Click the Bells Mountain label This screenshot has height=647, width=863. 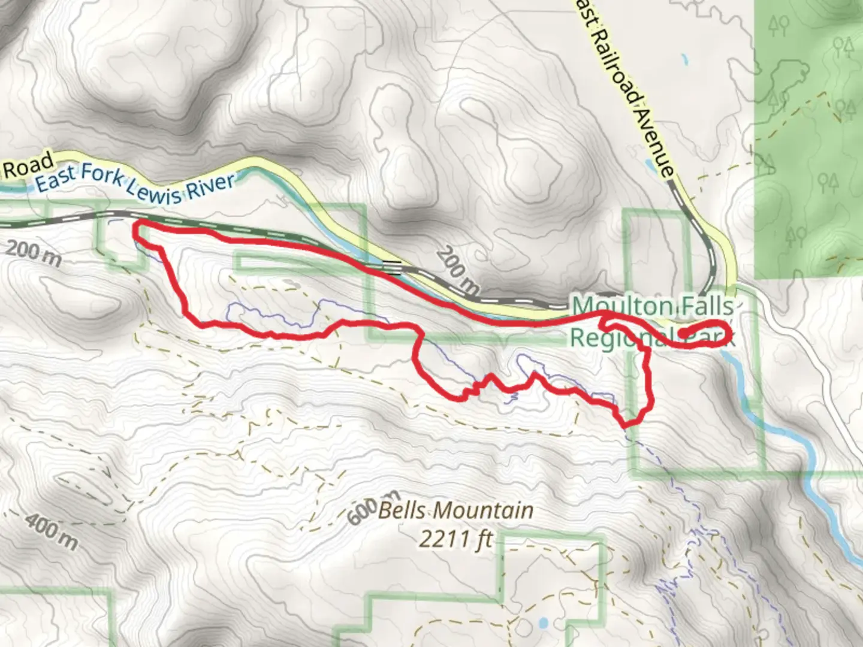[x=456, y=511]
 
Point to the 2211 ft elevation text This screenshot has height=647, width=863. [x=455, y=539]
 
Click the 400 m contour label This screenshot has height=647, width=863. [x=52, y=531]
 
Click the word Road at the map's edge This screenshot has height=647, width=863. [x=28, y=165]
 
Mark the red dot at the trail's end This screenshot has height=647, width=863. [x=683, y=333]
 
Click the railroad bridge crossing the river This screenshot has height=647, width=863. [x=393, y=267]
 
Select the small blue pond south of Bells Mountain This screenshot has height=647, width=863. [x=543, y=622]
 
